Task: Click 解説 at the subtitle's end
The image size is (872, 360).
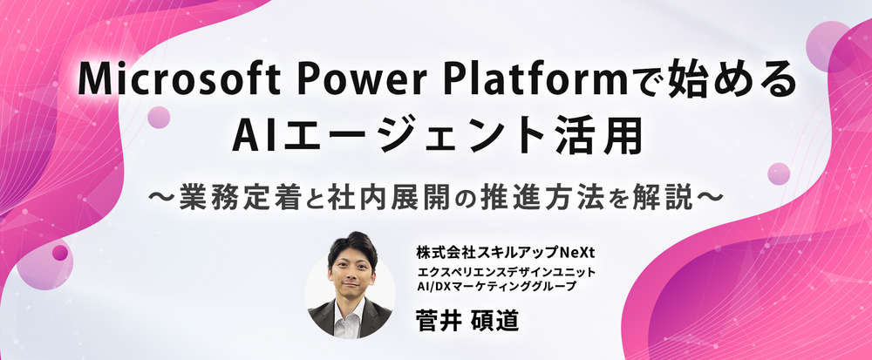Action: (663, 200)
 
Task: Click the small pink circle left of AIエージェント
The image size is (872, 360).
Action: (159, 117)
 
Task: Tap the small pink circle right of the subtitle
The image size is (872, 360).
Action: (779, 173)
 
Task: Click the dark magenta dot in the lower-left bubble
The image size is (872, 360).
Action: (60, 253)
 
